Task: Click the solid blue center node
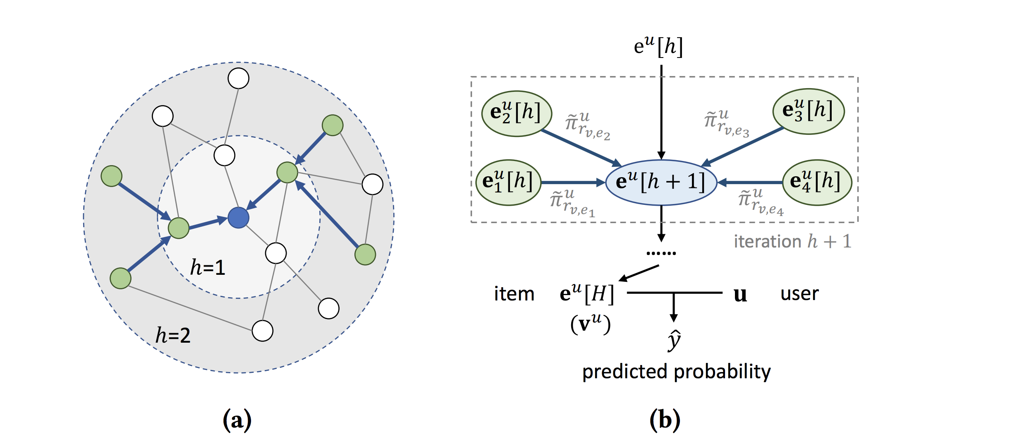239,218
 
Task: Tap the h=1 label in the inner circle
208,267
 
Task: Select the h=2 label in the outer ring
173,335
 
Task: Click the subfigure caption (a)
237,420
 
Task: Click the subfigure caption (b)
665,420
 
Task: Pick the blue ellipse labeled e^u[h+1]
661,183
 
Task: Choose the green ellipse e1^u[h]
508,183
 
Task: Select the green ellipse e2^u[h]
517,113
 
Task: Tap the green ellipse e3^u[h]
808,111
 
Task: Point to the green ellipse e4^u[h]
817,183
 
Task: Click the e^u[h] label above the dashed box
658,46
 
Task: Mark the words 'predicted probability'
677,372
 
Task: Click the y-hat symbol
674,340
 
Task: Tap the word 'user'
799,294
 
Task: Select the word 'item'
514,294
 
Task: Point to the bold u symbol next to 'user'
740,295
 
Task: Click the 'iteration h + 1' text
792,242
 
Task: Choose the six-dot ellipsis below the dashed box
661,253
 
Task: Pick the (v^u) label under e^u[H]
590,324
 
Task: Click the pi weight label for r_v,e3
726,123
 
